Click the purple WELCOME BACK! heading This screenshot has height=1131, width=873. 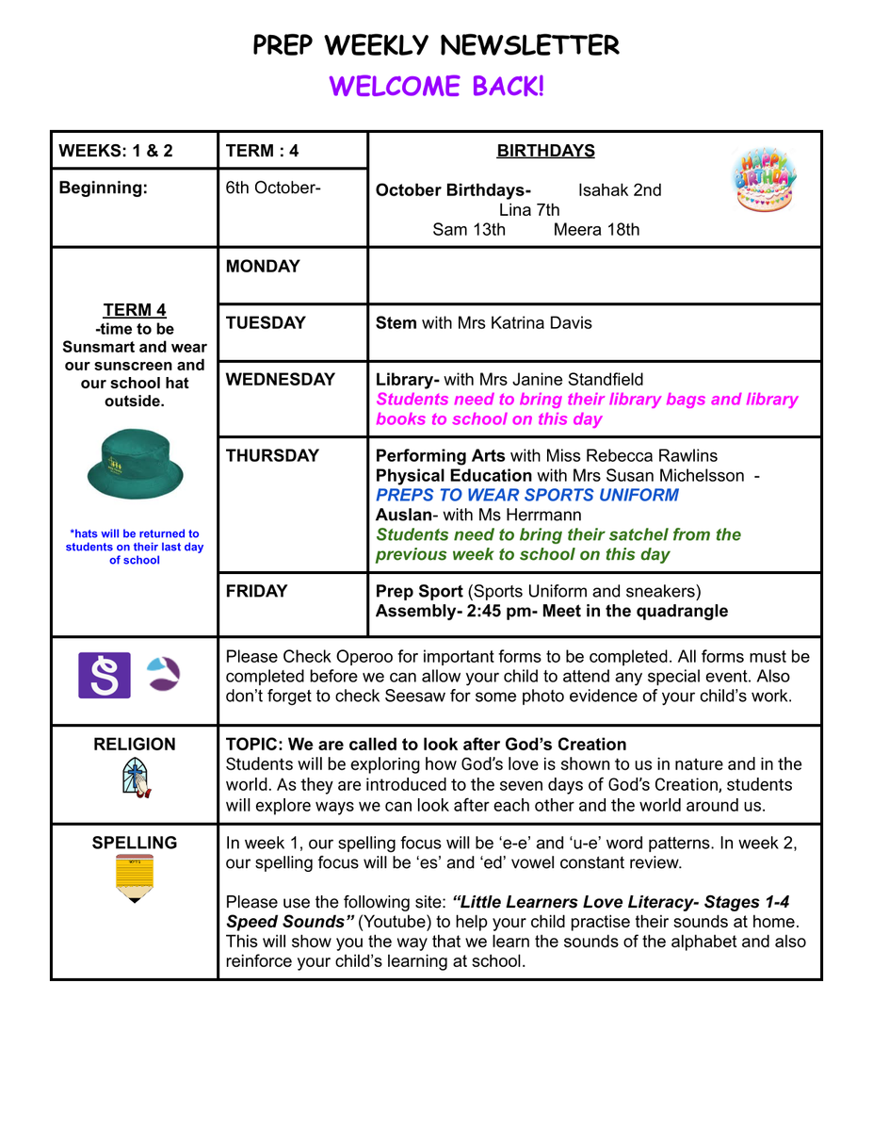coord(436,87)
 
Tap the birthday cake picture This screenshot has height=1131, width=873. coord(764,179)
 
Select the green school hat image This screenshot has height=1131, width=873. coord(135,463)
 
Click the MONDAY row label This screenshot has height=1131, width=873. coord(263,267)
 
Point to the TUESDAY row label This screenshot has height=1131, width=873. coord(266,323)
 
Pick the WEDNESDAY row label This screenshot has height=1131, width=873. coord(280,380)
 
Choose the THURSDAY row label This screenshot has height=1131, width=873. coord(272,455)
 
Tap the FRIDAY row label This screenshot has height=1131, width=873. coord(256,591)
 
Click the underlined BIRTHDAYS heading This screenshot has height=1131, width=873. coord(545,151)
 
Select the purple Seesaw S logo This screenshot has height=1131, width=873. coord(104,675)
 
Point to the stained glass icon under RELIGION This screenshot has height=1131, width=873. coord(135,779)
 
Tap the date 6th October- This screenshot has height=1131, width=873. coord(273,188)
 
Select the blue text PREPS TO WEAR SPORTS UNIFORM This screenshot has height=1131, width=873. coord(526,495)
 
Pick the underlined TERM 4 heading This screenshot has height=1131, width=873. coord(135,310)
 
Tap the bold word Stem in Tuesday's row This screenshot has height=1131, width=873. coord(396,323)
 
